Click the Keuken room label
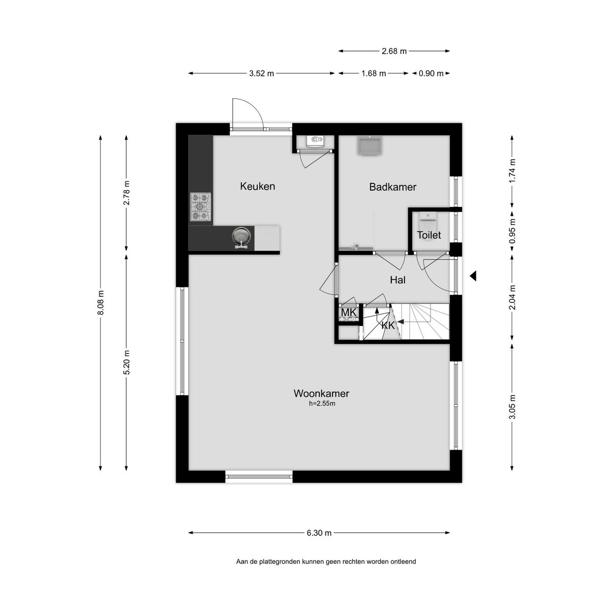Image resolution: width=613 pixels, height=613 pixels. (257, 186)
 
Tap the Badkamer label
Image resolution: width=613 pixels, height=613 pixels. (392, 187)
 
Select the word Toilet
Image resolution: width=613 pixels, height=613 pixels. (429, 235)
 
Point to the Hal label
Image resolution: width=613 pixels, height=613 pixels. (397, 280)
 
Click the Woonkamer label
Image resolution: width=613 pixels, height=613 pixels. (321, 393)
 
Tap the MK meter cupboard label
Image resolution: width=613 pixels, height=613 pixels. (349, 313)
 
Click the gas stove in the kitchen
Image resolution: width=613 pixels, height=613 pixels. (200, 206)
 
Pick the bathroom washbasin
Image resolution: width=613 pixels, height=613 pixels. (369, 146)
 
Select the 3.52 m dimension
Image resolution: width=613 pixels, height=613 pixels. (262, 74)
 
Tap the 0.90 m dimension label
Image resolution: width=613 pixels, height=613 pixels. (431, 74)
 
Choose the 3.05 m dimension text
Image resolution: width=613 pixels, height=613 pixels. (512, 407)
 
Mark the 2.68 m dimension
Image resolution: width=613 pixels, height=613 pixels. (394, 51)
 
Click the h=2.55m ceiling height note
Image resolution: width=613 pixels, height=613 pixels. (322, 404)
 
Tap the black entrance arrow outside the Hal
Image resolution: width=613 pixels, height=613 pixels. (473, 275)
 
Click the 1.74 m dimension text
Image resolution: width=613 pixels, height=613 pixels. (512, 171)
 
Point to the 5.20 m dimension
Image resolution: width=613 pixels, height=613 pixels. (127, 362)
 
